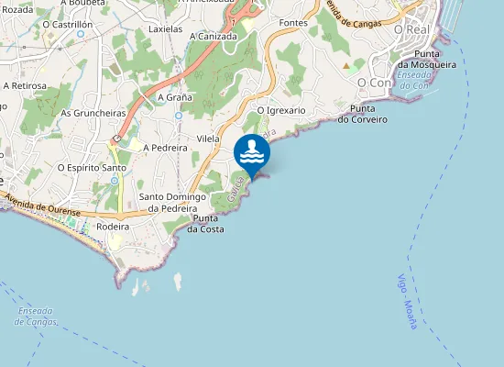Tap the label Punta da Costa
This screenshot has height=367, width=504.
click(x=206, y=223)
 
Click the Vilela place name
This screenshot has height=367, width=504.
click(x=208, y=139)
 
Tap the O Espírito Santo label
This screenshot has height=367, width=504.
click(x=92, y=167)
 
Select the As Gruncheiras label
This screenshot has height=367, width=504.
click(x=93, y=113)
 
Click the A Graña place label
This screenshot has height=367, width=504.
click(x=174, y=96)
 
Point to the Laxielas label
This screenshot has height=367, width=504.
click(x=166, y=28)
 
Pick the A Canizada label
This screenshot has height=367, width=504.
click(x=214, y=36)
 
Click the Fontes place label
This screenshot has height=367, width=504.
click(x=293, y=22)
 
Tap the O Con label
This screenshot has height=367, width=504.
click(x=374, y=82)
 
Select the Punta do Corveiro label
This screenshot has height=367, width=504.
click(x=363, y=114)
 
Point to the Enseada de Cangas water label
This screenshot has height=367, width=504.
click(x=37, y=317)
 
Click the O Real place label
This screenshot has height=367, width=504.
click(x=411, y=29)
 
